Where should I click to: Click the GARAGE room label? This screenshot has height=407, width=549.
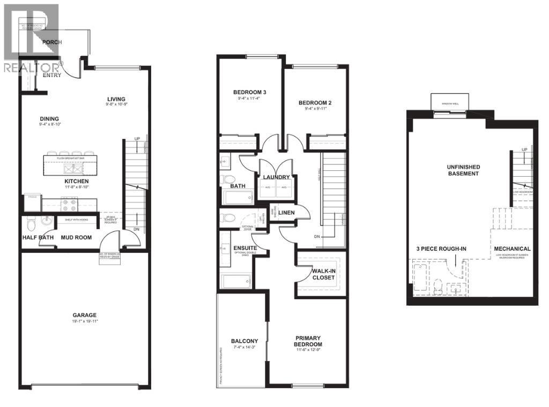pos(85,315)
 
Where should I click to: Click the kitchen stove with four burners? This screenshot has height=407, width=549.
pos(70,204)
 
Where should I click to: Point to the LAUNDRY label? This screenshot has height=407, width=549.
pos(276,177)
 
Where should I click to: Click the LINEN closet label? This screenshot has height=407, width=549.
pos(287,213)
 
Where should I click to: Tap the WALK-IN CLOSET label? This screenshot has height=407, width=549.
pos(323,274)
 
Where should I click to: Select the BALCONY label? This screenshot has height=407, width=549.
pos(244,341)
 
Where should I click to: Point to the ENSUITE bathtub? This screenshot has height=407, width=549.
pos(235,281)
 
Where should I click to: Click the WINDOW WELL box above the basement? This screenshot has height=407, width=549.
pos(450,102)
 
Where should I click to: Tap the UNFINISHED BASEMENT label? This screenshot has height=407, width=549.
pos(463,170)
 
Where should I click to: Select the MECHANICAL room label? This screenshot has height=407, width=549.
pos(512,249)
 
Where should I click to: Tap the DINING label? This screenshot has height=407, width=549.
pos(49,119)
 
